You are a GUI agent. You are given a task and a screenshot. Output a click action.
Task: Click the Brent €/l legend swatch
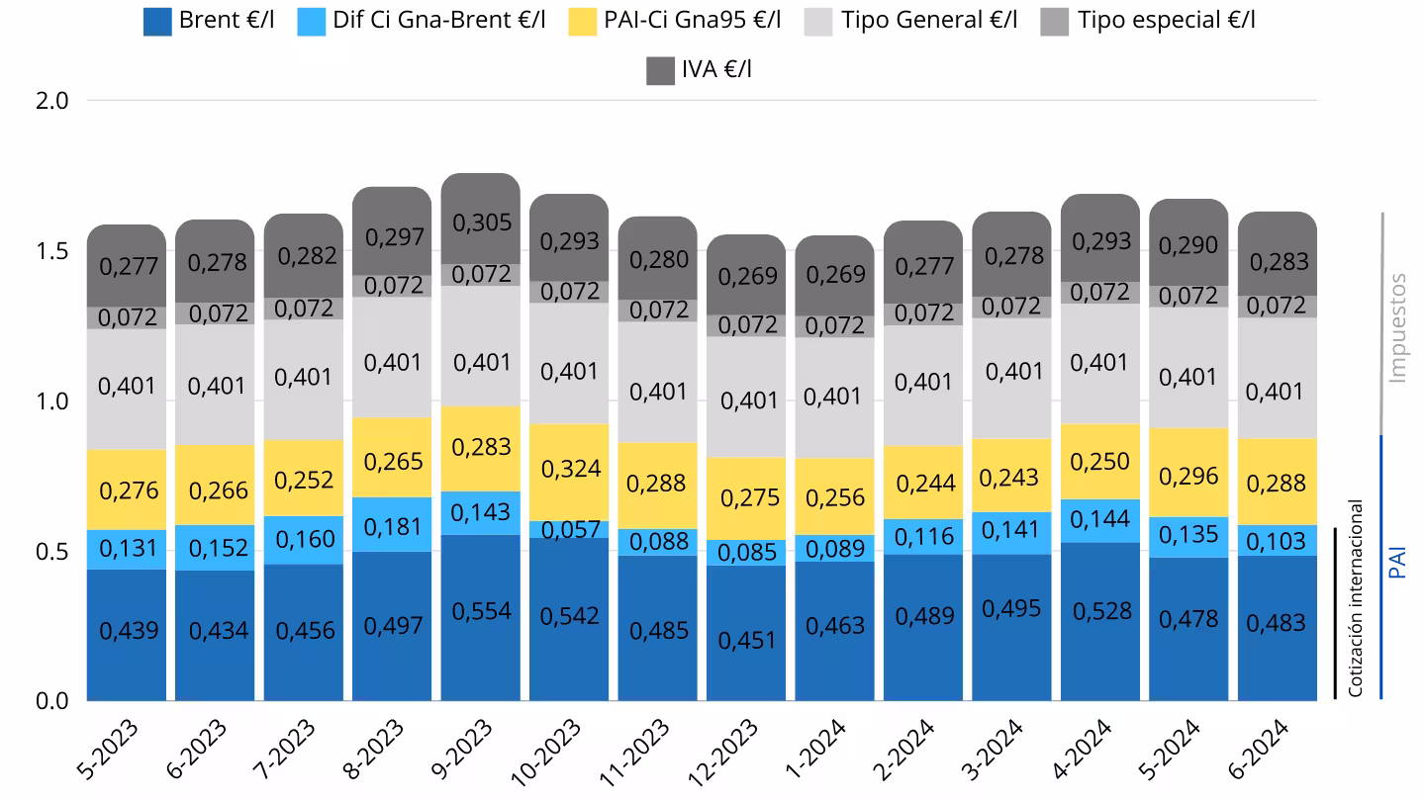(x=158, y=21)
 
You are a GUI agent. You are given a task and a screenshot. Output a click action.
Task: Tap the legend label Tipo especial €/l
(x=1166, y=20)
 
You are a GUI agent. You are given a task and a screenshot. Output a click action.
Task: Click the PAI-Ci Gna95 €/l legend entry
(x=692, y=20)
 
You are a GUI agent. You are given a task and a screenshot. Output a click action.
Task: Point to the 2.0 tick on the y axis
(x=50, y=101)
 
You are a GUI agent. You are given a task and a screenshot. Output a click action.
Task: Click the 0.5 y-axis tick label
(x=50, y=551)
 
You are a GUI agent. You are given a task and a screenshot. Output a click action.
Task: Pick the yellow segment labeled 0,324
(x=570, y=468)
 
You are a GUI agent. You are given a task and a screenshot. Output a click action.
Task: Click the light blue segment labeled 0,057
(x=570, y=530)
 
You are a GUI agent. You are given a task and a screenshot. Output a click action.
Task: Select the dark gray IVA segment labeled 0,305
(x=481, y=221)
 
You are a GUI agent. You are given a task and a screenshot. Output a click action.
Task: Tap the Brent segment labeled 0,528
(x=1101, y=611)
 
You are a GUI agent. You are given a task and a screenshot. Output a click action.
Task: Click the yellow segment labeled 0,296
(x=1189, y=473)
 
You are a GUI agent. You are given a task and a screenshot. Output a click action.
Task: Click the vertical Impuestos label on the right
(x=1396, y=328)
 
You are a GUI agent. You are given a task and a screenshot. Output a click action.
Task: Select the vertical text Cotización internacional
(x=1356, y=598)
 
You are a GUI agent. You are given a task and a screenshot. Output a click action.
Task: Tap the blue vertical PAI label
(x=1397, y=562)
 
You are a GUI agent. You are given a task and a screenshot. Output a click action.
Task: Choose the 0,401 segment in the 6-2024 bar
(x=1278, y=392)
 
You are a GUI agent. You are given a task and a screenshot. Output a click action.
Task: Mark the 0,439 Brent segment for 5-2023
(x=127, y=630)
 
